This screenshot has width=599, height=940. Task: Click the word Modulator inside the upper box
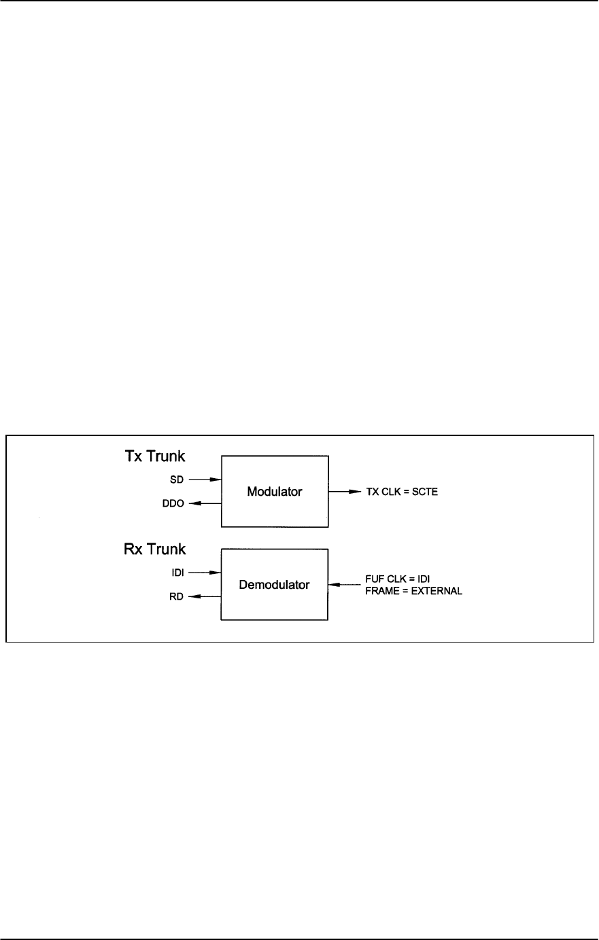tap(275, 492)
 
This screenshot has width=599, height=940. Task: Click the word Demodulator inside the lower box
tap(275, 584)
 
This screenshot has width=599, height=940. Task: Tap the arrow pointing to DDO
tap(205, 503)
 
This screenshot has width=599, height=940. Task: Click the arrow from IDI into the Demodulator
tap(205, 573)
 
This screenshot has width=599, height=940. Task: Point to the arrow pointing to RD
tap(205, 597)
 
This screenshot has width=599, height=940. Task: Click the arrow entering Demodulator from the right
tap(343, 584)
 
